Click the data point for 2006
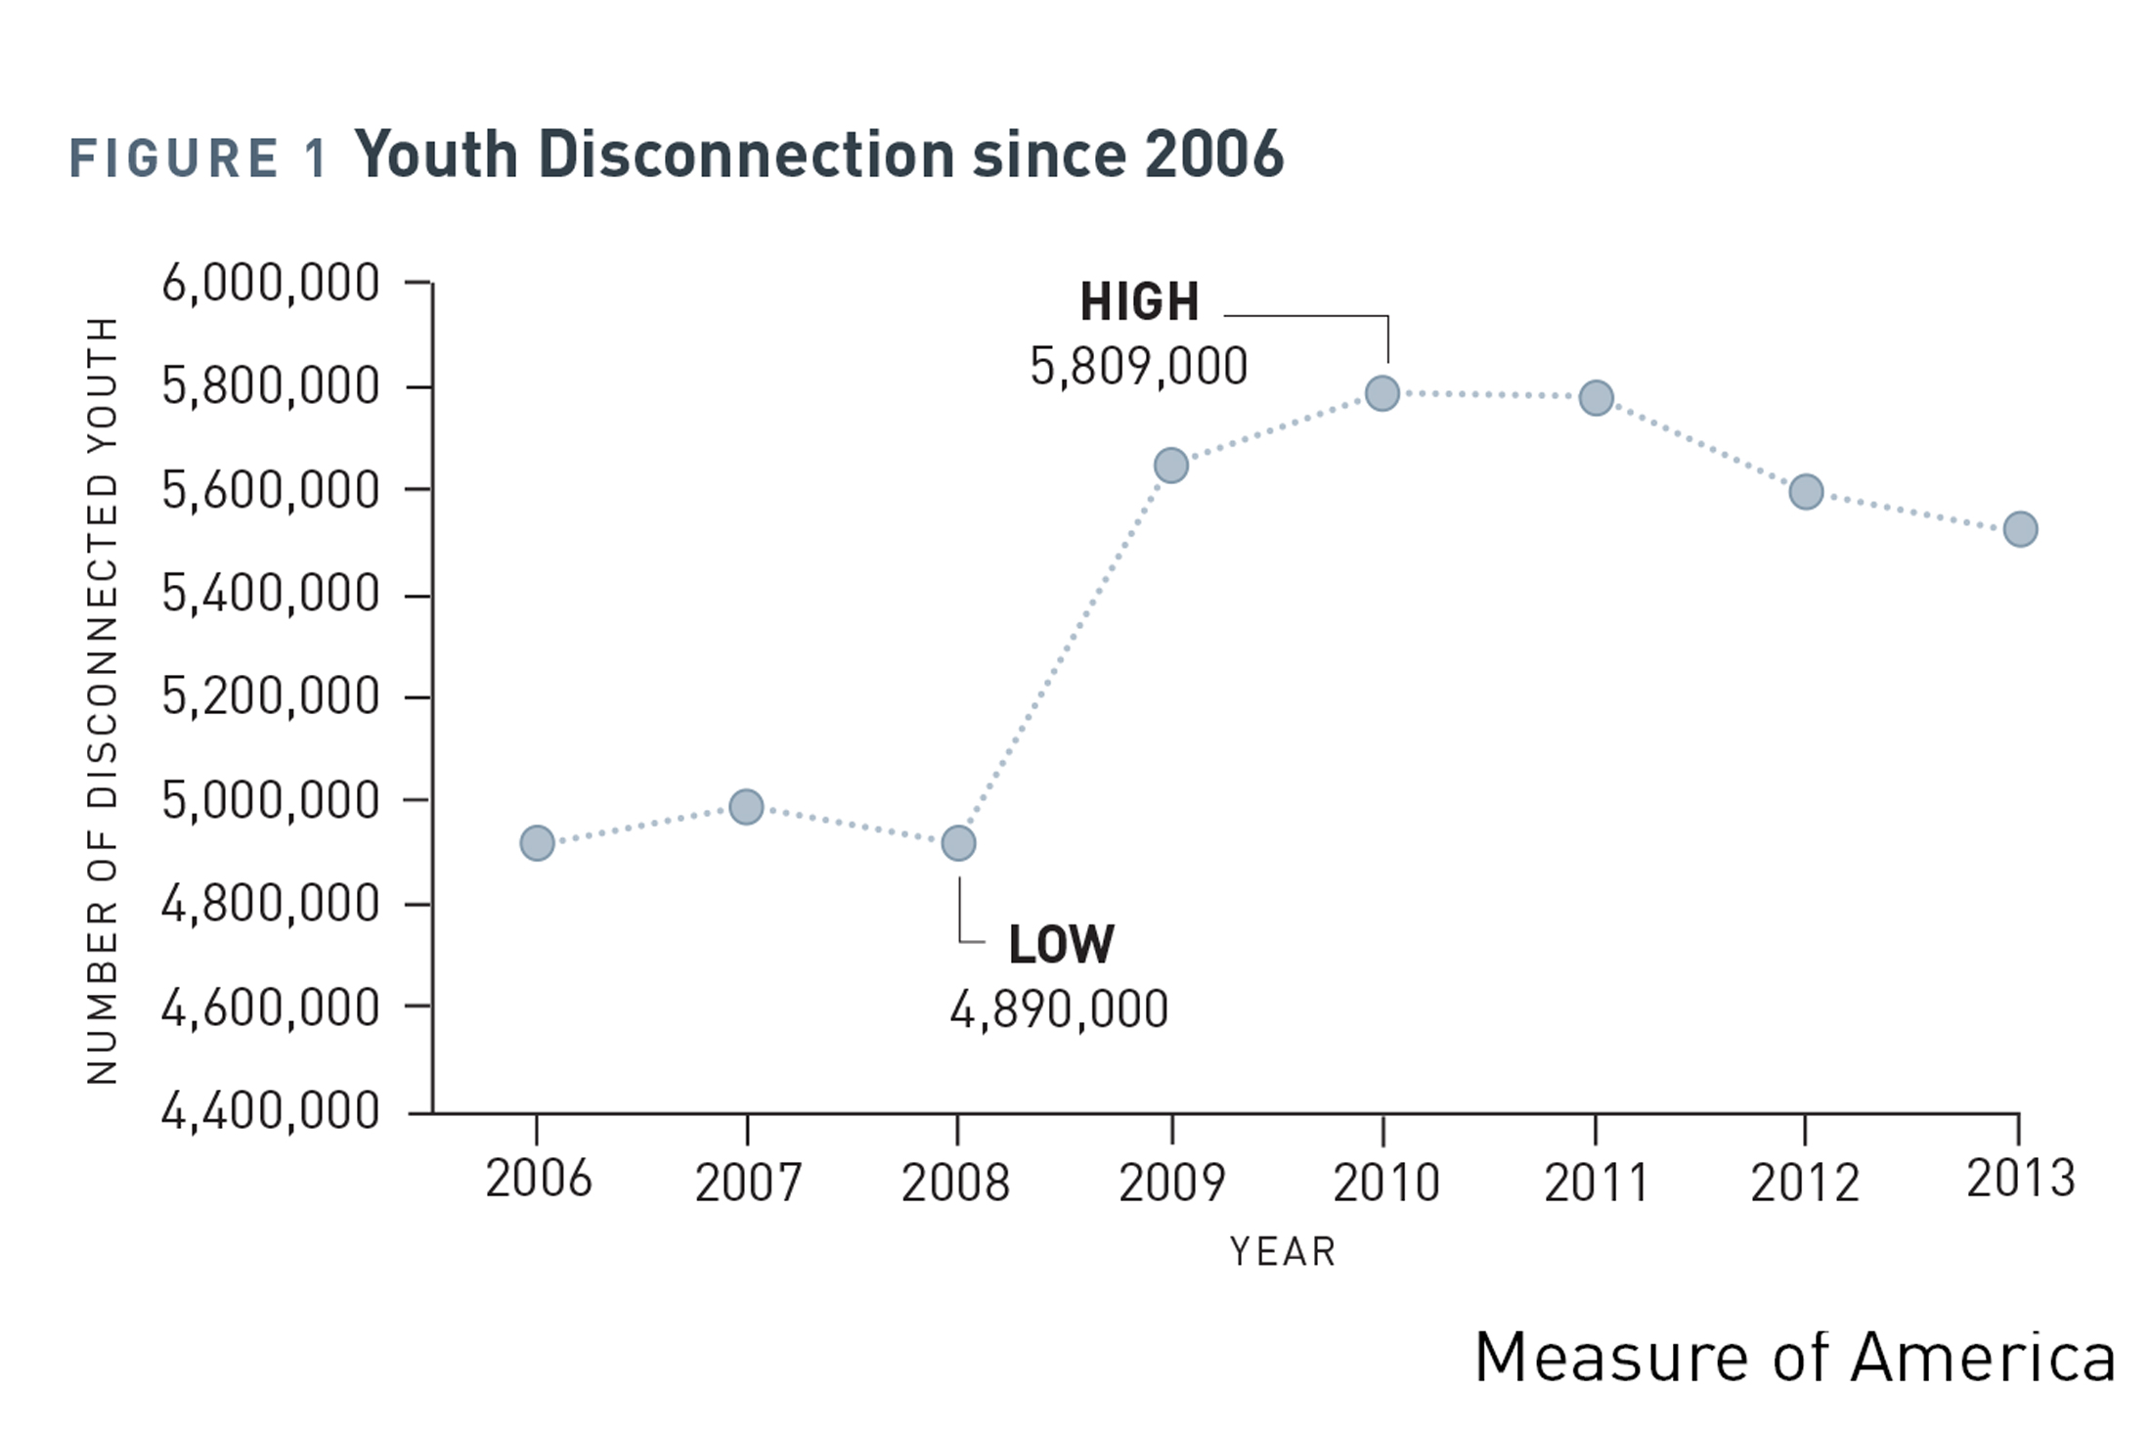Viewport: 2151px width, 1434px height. click(x=537, y=842)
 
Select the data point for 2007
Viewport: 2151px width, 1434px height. click(x=746, y=807)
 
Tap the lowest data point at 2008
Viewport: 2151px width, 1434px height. click(x=958, y=842)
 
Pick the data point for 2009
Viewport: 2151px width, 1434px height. click(x=1171, y=466)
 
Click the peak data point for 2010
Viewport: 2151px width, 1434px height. click(x=1382, y=393)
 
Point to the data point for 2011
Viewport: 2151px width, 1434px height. click(x=1596, y=398)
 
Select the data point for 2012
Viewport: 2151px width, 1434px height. click(x=1806, y=491)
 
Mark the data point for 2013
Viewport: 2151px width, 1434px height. click(x=2020, y=529)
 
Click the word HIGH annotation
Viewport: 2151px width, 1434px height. click(x=1139, y=301)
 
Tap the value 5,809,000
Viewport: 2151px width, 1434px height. click(x=1139, y=368)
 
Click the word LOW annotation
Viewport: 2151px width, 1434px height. click(x=1061, y=945)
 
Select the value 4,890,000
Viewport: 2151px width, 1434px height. click(x=1059, y=1010)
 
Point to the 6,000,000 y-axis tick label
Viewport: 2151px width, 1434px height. click(x=271, y=284)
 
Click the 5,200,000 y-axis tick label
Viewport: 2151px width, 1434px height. click(x=271, y=697)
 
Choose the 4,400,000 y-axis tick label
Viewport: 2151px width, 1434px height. click(x=271, y=1111)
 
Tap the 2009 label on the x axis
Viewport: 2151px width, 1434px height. click(x=1171, y=1183)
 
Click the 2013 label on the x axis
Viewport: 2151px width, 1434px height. click(x=2020, y=1179)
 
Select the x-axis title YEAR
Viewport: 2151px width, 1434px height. click(x=1282, y=1252)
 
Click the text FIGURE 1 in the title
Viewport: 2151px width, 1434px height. click(x=198, y=158)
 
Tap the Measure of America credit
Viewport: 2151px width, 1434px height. click(x=1794, y=1358)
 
